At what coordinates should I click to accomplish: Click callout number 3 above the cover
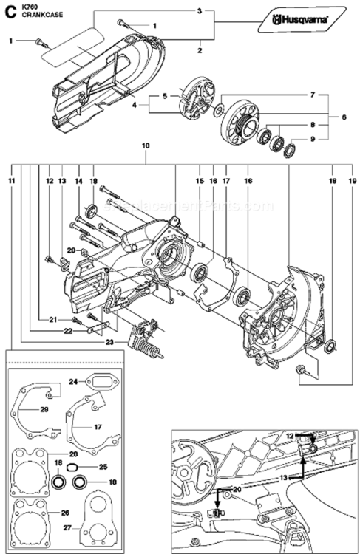[199, 11]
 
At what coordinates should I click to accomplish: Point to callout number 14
[78, 180]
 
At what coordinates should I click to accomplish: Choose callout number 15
[199, 180]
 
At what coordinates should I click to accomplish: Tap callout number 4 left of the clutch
[135, 105]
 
